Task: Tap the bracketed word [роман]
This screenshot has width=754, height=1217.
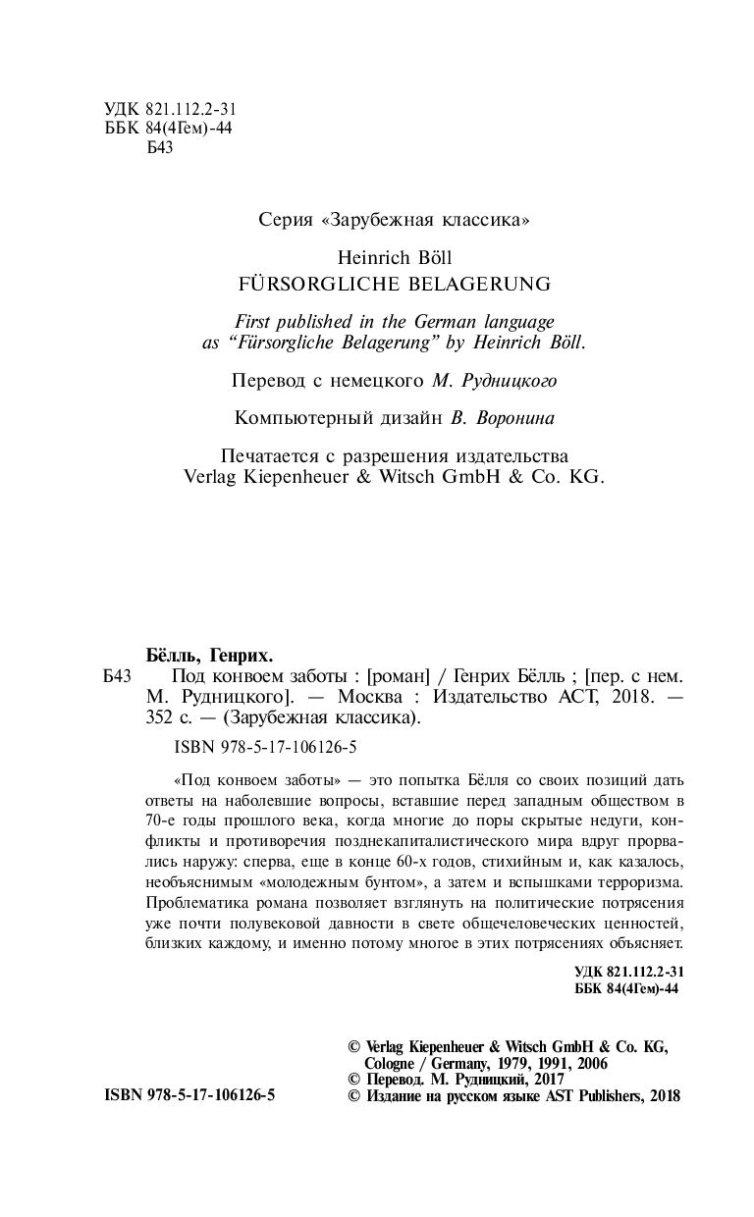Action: (x=399, y=676)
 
